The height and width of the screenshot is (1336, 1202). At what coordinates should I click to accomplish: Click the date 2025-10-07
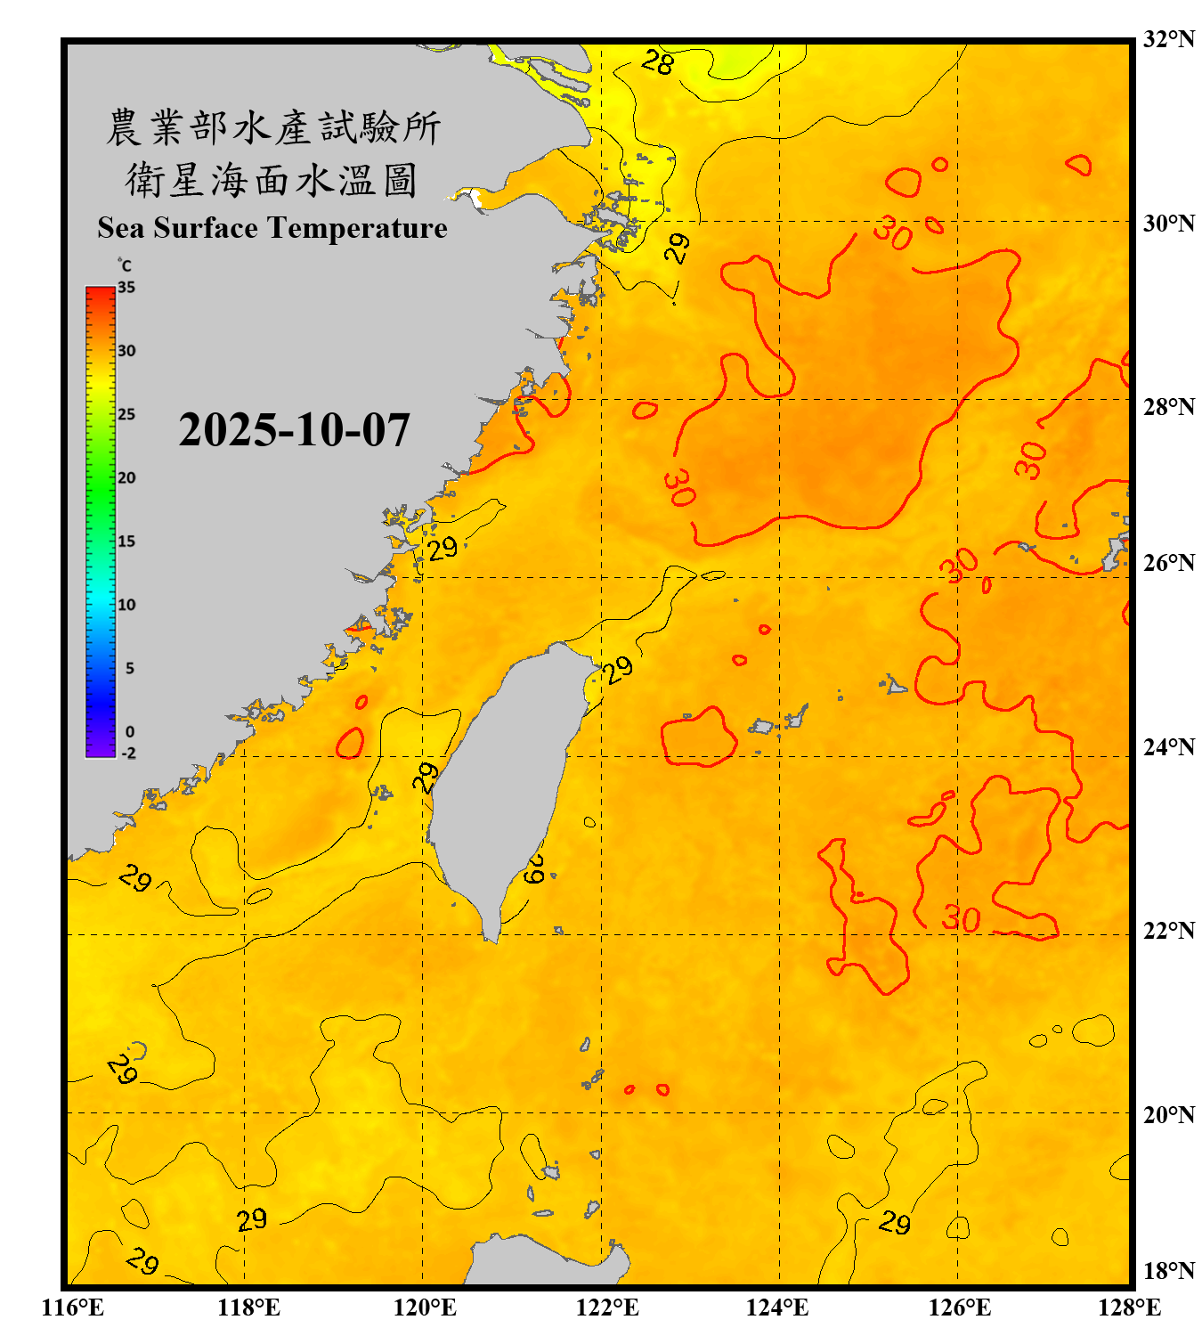[x=294, y=430]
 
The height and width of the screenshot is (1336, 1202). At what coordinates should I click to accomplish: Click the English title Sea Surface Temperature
[x=272, y=228]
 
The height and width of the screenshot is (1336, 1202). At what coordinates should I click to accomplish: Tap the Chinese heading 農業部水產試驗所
[x=272, y=127]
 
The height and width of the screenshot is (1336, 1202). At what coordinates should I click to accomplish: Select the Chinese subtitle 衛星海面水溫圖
[x=272, y=180]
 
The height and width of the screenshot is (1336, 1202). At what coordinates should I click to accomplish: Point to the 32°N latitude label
[x=1168, y=39]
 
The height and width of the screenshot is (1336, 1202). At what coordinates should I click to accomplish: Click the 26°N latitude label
[x=1168, y=563]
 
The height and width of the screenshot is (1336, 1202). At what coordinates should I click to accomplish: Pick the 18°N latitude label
[x=1168, y=1271]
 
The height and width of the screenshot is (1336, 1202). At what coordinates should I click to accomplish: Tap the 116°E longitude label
[x=73, y=1307]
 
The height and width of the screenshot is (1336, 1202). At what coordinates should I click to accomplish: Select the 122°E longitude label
[x=607, y=1307]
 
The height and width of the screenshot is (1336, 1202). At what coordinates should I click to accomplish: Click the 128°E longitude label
[x=1129, y=1307]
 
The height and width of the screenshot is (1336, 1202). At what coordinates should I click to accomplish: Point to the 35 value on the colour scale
[x=126, y=288]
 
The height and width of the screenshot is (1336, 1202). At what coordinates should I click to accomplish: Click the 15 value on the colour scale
[x=126, y=542]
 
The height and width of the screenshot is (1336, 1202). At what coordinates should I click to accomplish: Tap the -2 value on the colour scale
[x=128, y=754]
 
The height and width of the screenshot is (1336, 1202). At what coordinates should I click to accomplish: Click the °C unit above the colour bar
[x=125, y=265]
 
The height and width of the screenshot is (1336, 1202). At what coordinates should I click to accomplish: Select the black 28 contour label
[x=658, y=62]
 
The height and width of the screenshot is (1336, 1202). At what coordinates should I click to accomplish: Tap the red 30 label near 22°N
[x=962, y=918]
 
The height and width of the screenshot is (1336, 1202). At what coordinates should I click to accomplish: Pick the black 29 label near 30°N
[x=678, y=248]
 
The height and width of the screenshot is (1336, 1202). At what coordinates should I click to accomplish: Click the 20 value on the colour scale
[x=126, y=478]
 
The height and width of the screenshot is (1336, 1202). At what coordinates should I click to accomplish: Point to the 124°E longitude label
[x=777, y=1307]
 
